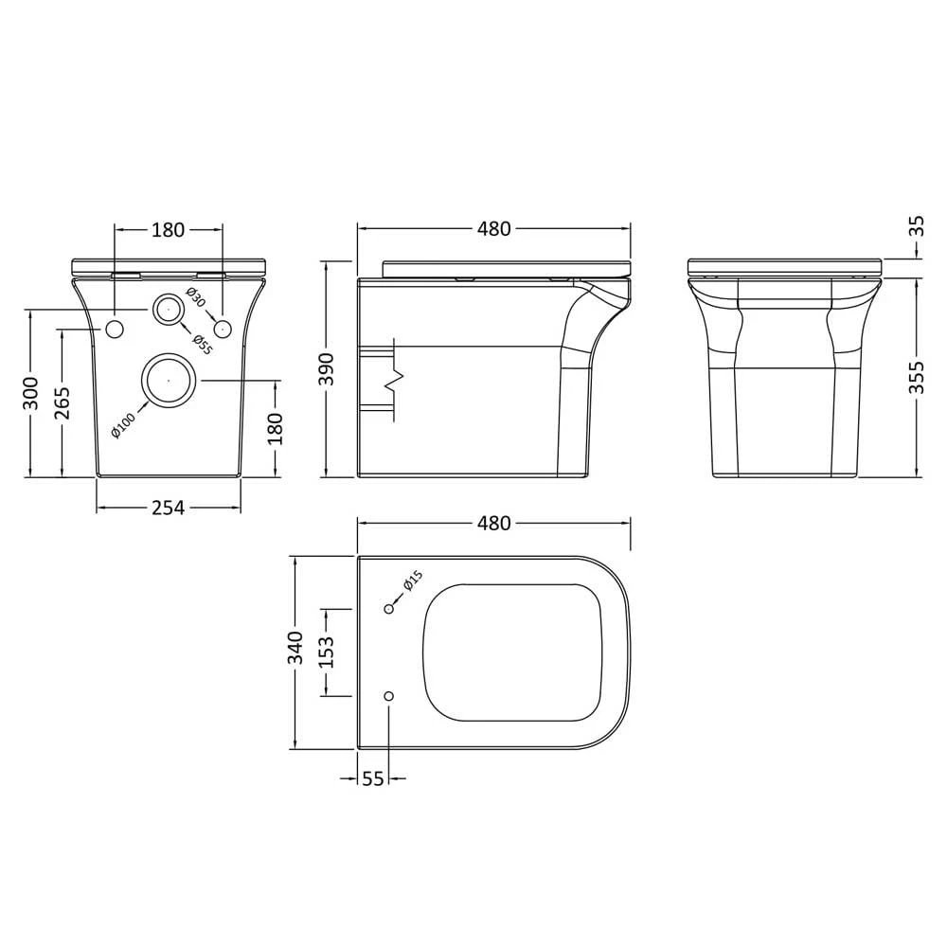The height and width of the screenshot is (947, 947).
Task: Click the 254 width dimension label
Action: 168,508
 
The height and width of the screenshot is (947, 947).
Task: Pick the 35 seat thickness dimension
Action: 916,226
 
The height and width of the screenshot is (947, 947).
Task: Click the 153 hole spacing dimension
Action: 326,652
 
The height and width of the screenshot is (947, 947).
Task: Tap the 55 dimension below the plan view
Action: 373,778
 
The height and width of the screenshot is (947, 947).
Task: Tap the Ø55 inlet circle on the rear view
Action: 168,309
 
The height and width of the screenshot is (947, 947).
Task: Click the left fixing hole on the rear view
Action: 115,329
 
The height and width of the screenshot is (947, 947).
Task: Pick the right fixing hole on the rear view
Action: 223,329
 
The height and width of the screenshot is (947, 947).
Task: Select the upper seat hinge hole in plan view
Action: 388,609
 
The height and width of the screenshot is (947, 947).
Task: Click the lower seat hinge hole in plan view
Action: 388,696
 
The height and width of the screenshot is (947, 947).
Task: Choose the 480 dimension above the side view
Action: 493,228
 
